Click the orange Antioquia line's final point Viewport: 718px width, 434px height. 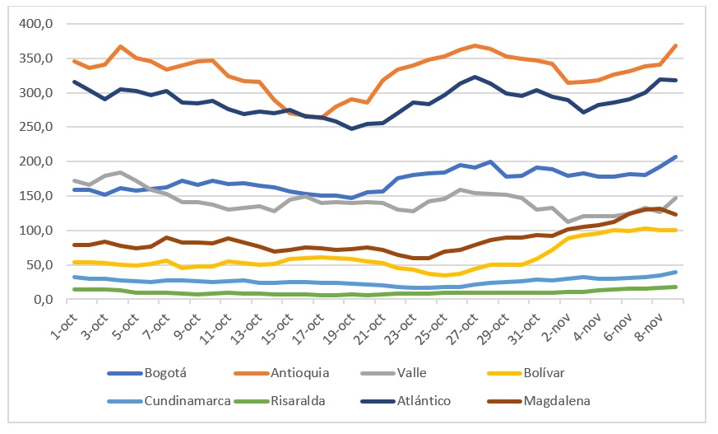676,45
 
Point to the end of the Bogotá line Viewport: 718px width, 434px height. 676,156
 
